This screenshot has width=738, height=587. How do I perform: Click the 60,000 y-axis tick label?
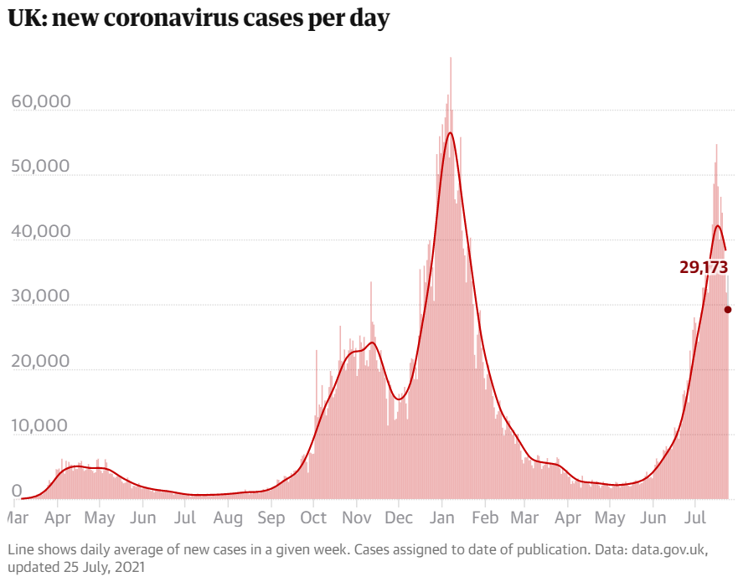pyautogui.click(x=40, y=102)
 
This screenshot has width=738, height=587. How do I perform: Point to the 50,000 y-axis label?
pyautogui.click(x=40, y=167)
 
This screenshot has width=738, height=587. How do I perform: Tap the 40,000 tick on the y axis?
pyautogui.click(x=40, y=232)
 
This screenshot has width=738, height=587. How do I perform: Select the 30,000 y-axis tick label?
pyautogui.click(x=40, y=296)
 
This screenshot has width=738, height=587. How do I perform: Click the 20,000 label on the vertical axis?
pyautogui.click(x=40, y=362)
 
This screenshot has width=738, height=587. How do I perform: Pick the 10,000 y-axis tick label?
pyautogui.click(x=40, y=426)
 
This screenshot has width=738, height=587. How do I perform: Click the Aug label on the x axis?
pyautogui.click(x=229, y=519)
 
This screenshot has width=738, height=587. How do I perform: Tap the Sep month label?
pyautogui.click(x=271, y=519)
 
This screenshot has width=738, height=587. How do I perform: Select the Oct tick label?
pyautogui.click(x=314, y=519)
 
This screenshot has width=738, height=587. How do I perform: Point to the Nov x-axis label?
pyautogui.click(x=357, y=519)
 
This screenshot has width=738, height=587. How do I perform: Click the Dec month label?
pyautogui.click(x=399, y=519)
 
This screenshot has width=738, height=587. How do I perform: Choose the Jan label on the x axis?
pyautogui.click(x=441, y=519)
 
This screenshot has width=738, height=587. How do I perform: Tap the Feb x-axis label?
pyautogui.click(x=484, y=519)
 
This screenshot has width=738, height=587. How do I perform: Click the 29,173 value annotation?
pyautogui.click(x=704, y=267)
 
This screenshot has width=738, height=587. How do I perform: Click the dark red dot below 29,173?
pyautogui.click(x=728, y=310)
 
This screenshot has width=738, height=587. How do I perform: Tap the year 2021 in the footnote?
pyautogui.click(x=128, y=568)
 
